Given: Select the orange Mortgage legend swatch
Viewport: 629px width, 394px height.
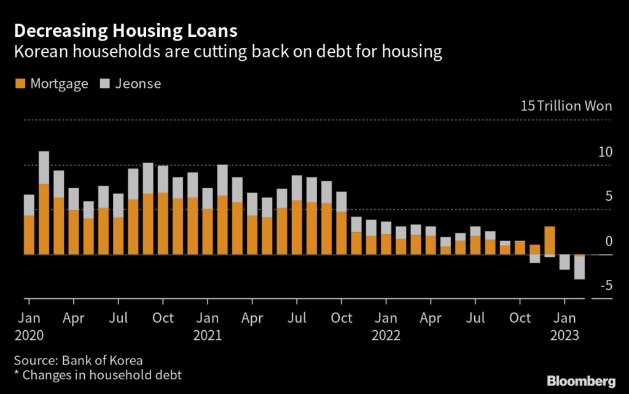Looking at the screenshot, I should [19, 84].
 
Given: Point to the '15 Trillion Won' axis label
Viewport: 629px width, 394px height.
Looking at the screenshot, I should [566, 106].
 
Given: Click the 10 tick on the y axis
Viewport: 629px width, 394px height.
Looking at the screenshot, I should [605, 152].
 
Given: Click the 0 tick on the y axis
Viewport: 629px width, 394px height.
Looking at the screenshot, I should [609, 241].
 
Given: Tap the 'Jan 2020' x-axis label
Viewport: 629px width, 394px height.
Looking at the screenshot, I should [29, 326].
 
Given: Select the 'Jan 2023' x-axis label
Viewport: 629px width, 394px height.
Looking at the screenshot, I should [565, 326].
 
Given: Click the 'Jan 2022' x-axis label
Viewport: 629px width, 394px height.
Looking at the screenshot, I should [386, 326].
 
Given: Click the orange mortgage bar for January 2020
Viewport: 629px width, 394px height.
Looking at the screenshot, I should [29, 234].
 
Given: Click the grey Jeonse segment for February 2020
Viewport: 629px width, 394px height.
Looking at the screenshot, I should [44, 168].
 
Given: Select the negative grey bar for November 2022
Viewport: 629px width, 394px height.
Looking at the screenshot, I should [534, 258].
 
